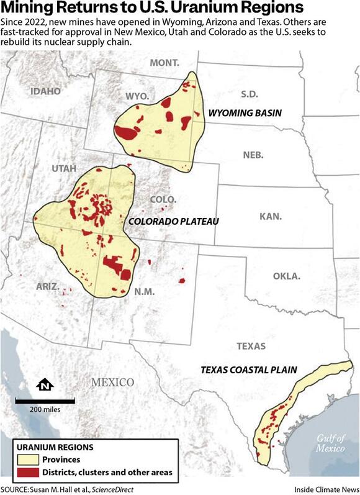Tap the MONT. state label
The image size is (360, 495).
(164, 63)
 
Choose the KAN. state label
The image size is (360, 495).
(271, 217)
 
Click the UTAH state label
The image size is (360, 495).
(65, 169)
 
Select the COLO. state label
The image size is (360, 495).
(164, 199)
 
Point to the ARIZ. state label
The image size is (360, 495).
(48, 287)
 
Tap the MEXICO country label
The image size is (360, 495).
(112, 381)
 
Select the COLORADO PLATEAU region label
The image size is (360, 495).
(171, 222)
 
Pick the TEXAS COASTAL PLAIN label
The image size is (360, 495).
(249, 370)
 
